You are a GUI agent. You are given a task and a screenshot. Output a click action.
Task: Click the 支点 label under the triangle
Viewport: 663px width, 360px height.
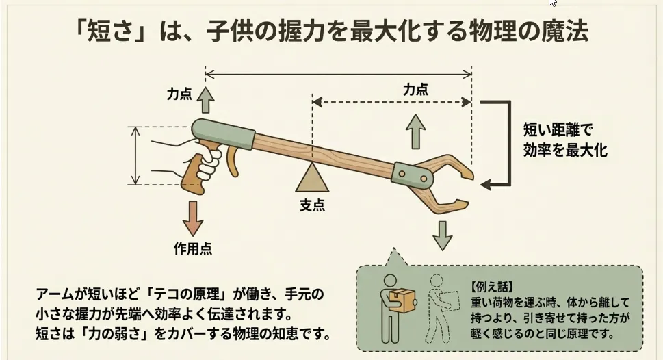pyautogui.click(x=312, y=205)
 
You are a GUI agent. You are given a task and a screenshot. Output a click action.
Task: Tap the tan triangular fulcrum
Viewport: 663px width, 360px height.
pyautogui.click(x=312, y=179)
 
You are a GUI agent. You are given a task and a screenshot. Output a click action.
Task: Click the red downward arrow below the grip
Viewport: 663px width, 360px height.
pyautogui.click(x=194, y=218)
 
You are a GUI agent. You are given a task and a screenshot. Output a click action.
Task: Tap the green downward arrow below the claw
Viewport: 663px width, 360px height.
pyautogui.click(x=443, y=235)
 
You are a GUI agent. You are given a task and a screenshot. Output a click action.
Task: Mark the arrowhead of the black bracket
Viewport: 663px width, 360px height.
pyautogui.click(x=486, y=183)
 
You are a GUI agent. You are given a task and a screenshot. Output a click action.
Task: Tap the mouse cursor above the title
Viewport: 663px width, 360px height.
pyautogui.click(x=552, y=3)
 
